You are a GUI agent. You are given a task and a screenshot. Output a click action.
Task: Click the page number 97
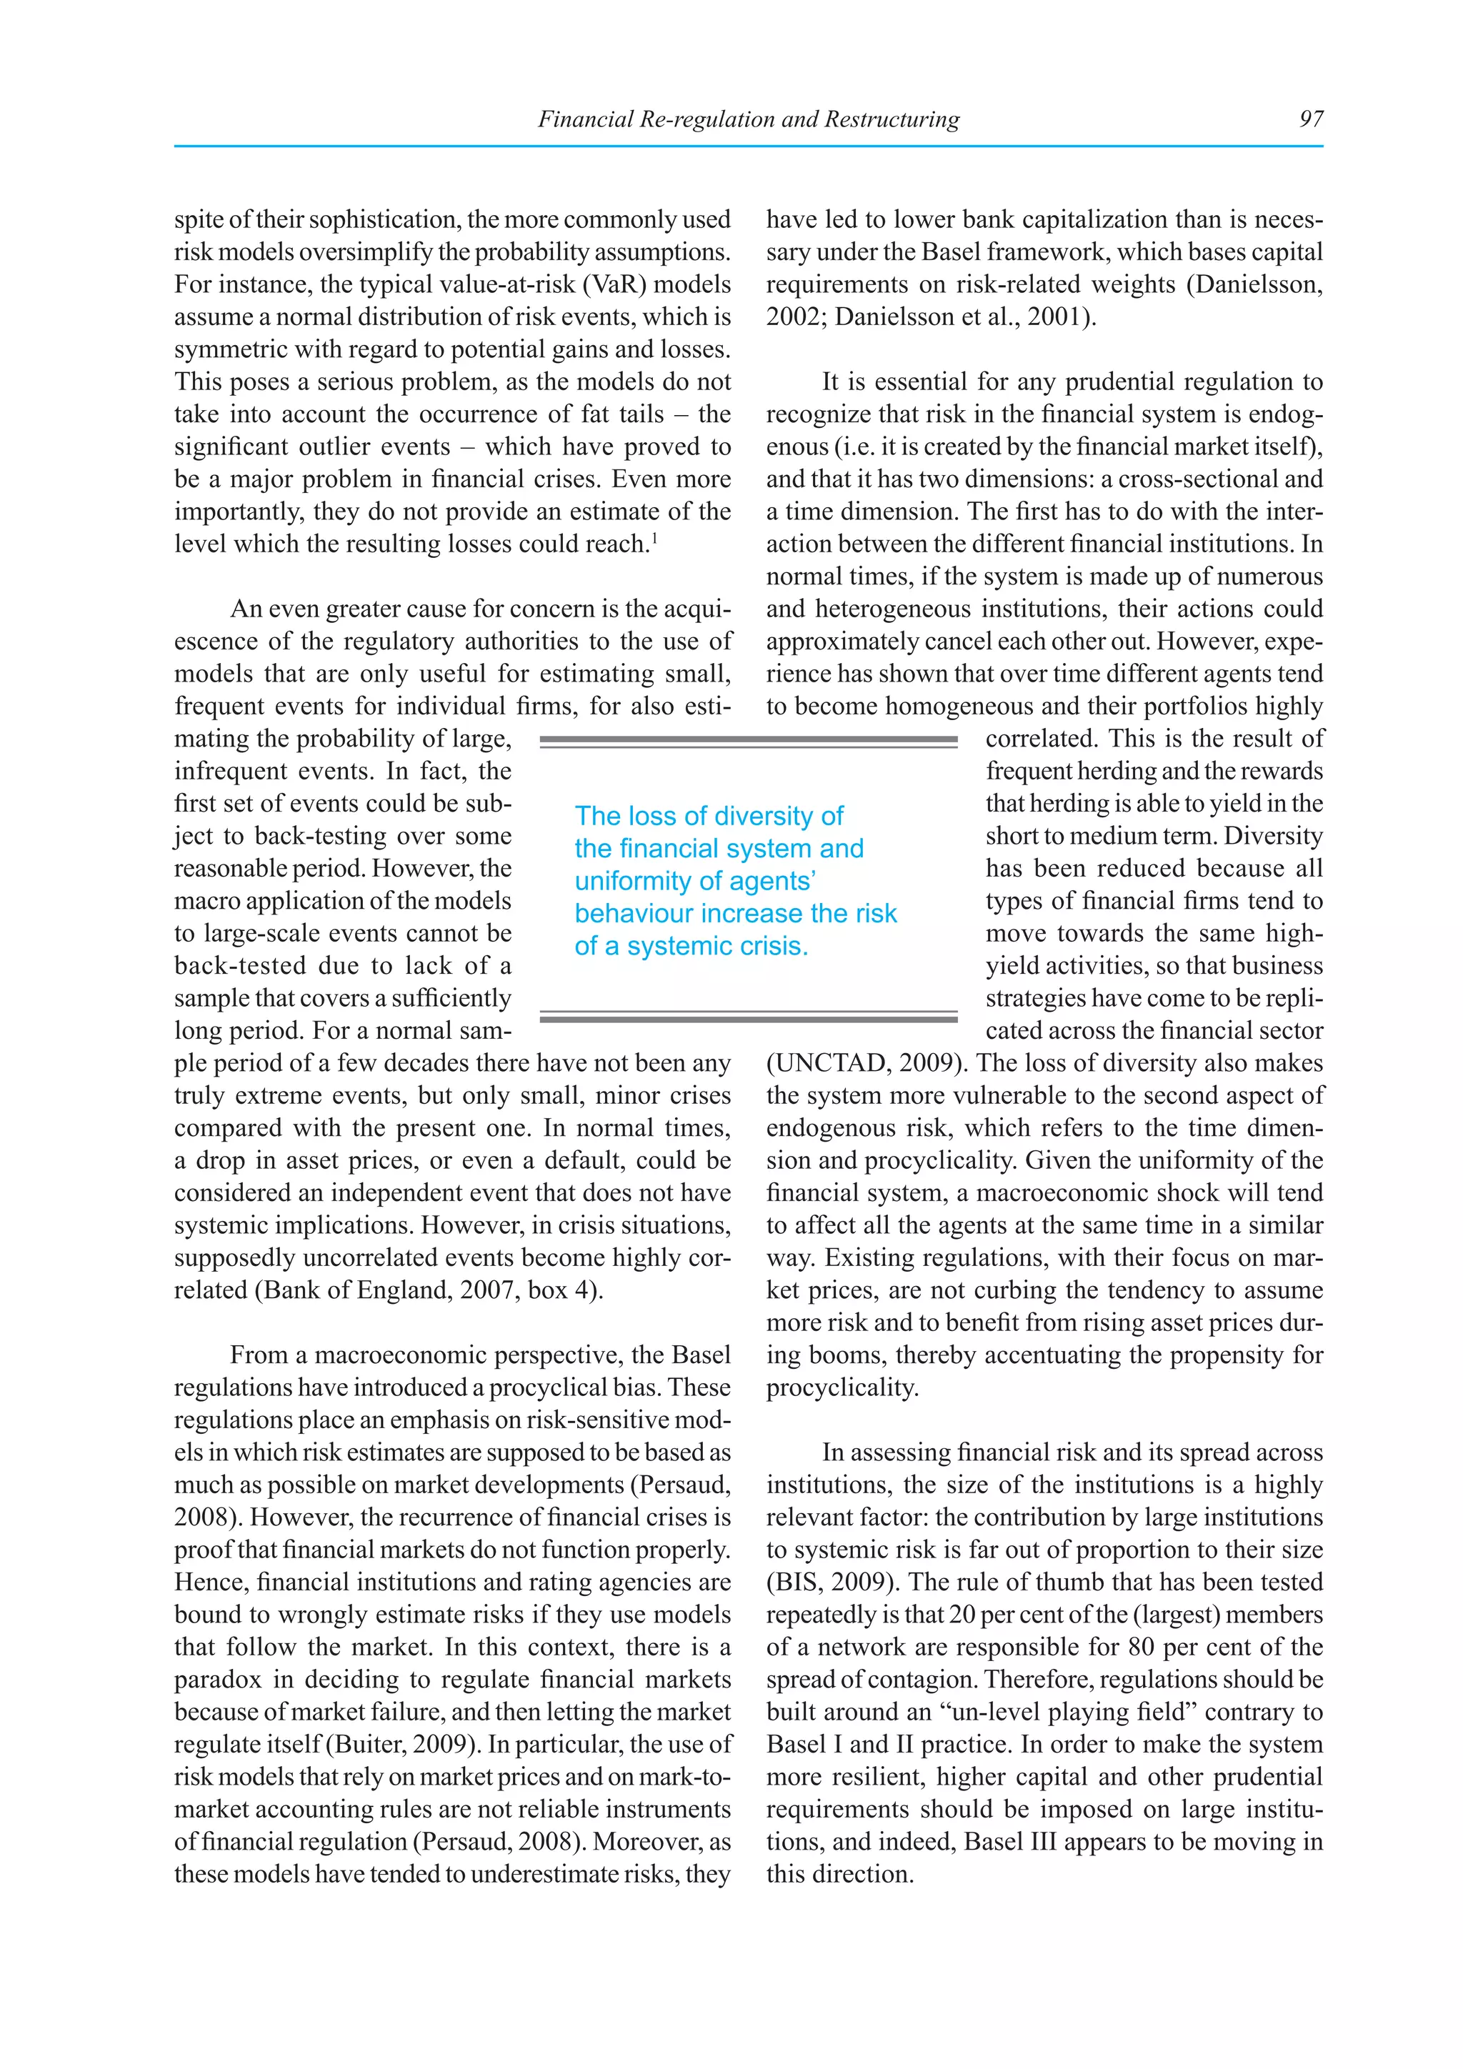coord(1311,119)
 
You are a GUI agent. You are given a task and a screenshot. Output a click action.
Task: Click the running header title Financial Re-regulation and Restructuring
coord(748,119)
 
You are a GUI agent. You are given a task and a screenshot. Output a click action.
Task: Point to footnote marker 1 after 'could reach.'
coord(654,539)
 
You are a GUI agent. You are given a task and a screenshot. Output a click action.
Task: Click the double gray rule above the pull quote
coord(748,741)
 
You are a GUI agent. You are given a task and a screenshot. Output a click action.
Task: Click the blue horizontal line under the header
coord(748,146)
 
